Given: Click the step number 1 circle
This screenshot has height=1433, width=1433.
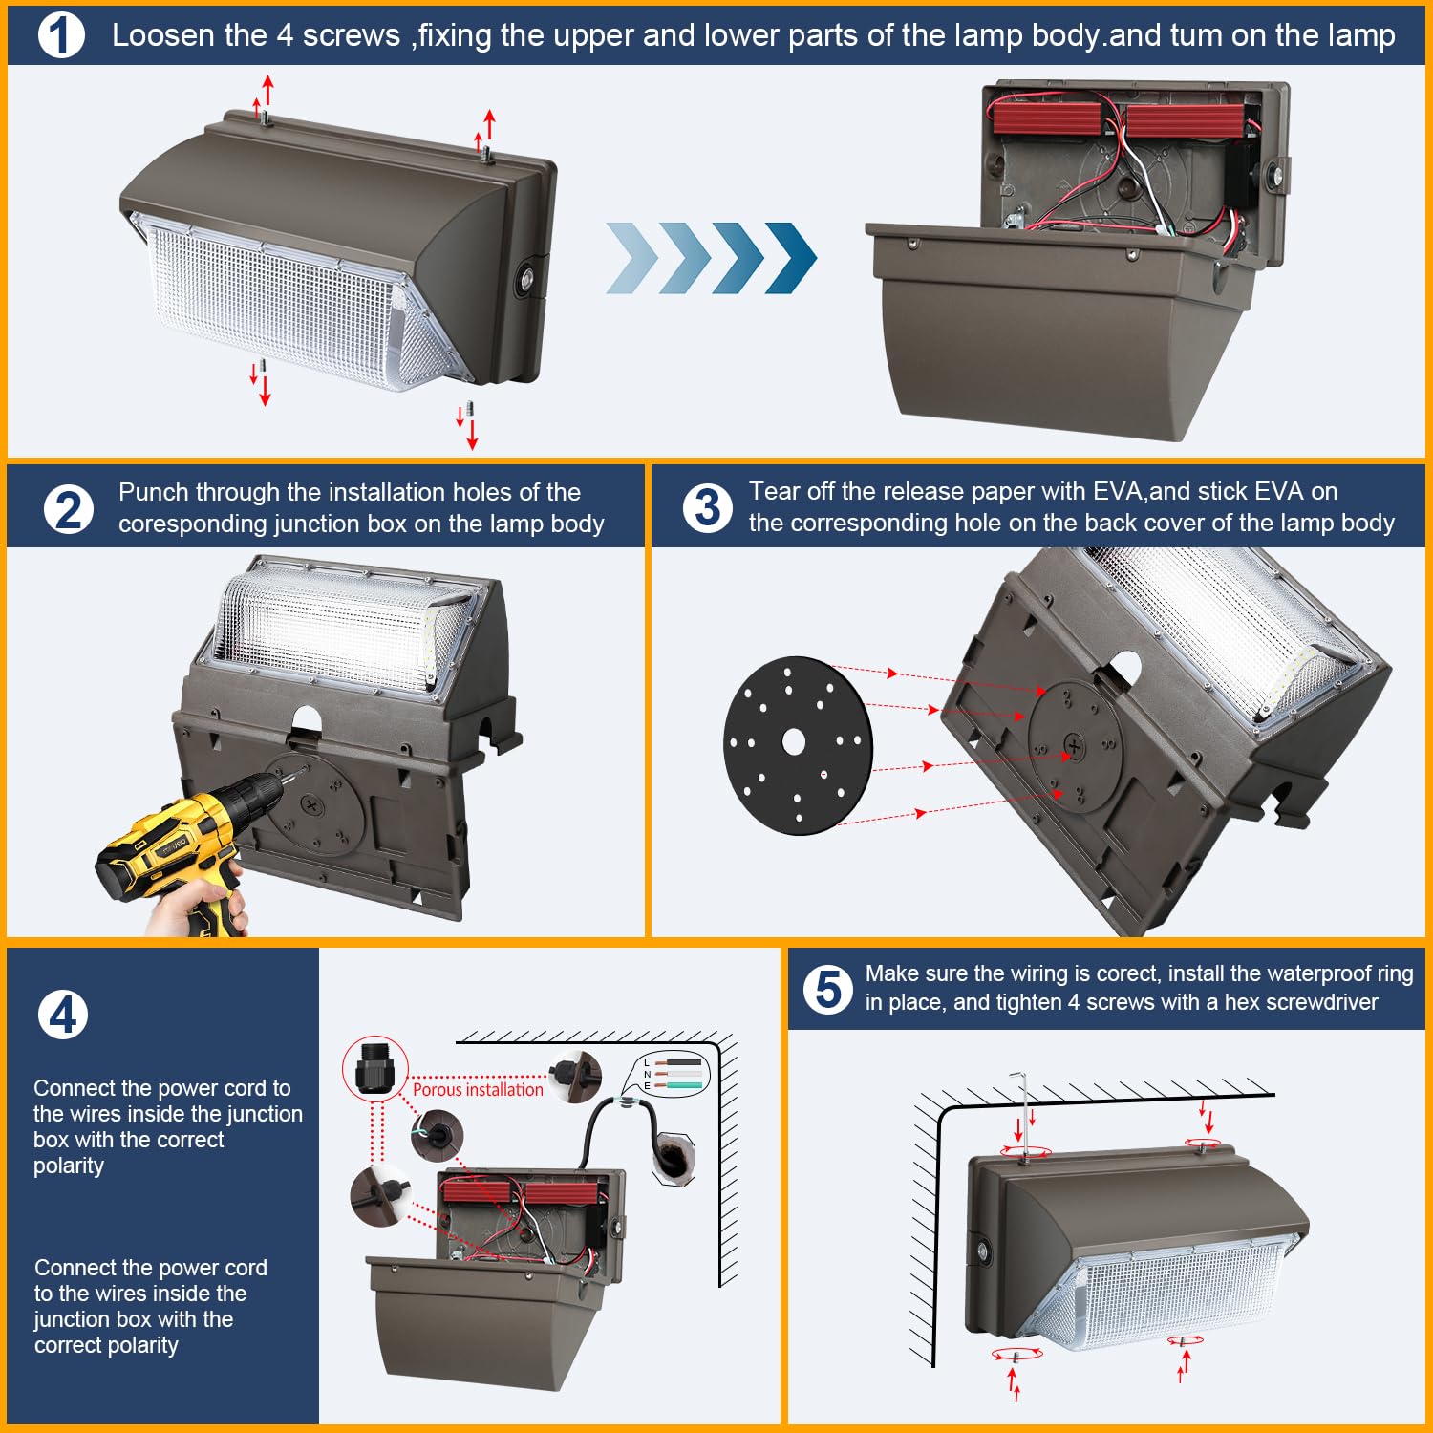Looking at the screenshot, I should click(x=61, y=35).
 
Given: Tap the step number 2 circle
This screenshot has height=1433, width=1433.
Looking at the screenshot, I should click(x=69, y=508).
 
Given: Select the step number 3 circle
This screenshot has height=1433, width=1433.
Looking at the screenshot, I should click(x=707, y=507).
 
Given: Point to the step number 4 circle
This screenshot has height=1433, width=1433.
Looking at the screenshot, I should click(x=63, y=1015).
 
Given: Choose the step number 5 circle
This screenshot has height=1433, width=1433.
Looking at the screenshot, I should click(x=827, y=989).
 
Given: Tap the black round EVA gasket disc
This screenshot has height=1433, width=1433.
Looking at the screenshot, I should click(x=798, y=745).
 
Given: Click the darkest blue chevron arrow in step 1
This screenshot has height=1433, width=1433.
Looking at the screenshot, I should click(x=791, y=258).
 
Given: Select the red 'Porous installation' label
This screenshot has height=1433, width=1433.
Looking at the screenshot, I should click(x=478, y=1090).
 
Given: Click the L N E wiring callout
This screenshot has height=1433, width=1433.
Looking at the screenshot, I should click(x=669, y=1074).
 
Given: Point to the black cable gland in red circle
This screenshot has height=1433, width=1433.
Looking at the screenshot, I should click(x=375, y=1068).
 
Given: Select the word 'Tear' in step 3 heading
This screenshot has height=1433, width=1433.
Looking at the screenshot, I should click(x=775, y=491).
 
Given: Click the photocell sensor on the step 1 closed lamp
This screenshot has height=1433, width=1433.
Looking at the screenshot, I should click(x=526, y=280).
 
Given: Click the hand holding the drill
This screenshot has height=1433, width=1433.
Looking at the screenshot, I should click(x=196, y=908).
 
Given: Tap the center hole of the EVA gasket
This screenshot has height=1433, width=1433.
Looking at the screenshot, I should click(x=794, y=741).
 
